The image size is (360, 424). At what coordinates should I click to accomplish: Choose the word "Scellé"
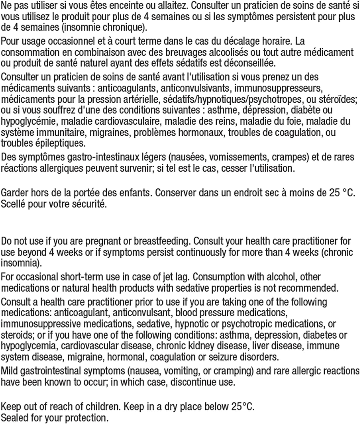click(x=13, y=204)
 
